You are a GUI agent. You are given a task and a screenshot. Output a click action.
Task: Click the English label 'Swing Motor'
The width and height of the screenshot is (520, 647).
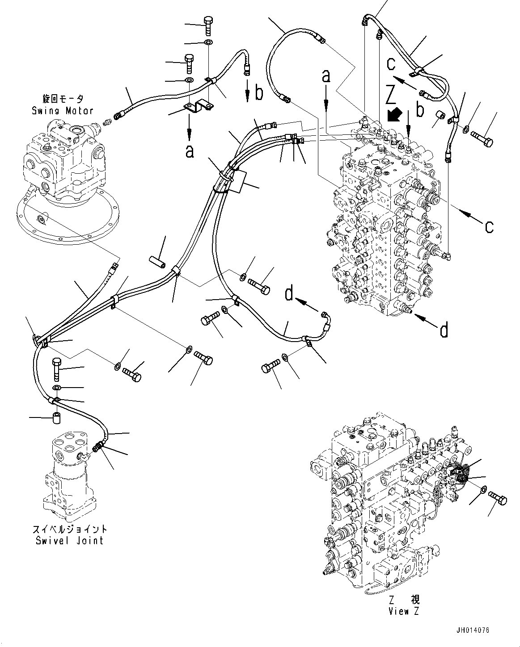62,110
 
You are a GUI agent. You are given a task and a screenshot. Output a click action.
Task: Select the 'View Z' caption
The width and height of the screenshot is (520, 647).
404,611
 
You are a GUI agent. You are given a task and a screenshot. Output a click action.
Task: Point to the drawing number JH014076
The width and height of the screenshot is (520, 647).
473,630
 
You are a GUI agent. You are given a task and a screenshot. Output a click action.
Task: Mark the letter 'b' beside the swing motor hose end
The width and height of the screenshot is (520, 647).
259,93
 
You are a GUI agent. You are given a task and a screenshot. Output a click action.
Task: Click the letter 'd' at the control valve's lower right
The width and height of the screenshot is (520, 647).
444,330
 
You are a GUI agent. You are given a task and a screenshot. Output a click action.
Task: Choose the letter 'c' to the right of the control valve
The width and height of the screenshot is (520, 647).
489,227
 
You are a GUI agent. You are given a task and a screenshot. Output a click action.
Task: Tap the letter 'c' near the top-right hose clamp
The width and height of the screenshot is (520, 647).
391,64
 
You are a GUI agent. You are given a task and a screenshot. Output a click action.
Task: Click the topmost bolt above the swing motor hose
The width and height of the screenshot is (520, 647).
209,25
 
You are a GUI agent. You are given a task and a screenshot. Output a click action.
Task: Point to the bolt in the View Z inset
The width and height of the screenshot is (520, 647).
498,498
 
